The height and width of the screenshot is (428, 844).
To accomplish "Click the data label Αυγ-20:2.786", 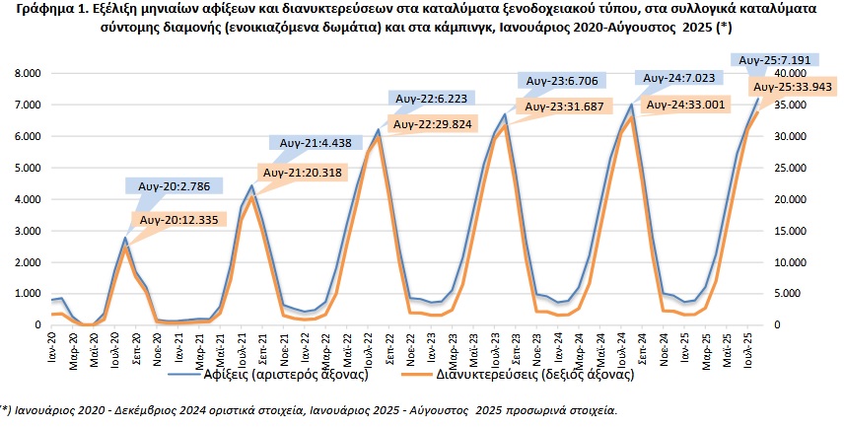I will pyautogui.click(x=174, y=184).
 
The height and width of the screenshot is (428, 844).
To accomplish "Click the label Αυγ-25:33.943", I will pyautogui.click(x=785, y=87).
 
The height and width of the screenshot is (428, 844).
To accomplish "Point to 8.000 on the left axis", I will pyautogui.click(x=28, y=74).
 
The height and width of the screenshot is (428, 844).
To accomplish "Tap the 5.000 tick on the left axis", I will pyautogui.click(x=28, y=168).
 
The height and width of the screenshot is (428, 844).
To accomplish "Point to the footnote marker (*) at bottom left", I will pyautogui.click(x=7, y=407).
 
